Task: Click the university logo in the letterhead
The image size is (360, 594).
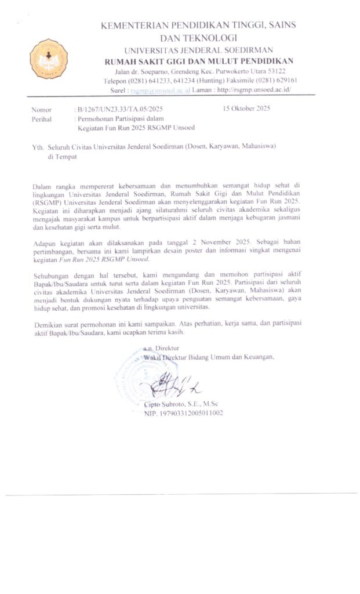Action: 49,59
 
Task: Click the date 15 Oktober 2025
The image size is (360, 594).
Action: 246,108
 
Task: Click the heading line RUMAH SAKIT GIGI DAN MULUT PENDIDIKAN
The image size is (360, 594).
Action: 198,61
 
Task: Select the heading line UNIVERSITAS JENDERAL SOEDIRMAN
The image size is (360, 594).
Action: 198,50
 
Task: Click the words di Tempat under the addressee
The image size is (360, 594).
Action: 61,156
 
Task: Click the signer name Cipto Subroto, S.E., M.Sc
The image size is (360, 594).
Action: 180,404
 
